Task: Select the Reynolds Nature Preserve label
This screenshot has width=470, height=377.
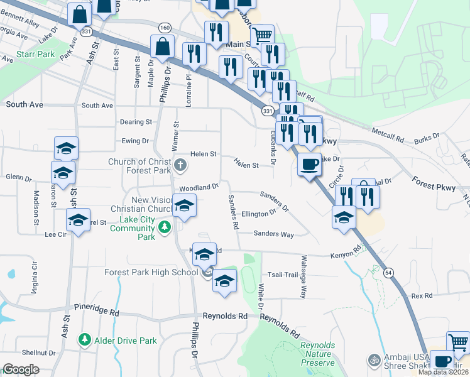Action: tap(317, 354)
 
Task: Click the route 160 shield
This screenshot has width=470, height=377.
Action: tap(165, 27)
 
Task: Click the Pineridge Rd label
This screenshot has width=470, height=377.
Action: tap(96, 312)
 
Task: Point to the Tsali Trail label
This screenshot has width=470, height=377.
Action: tap(283, 275)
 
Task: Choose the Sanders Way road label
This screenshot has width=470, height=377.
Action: tap(274, 234)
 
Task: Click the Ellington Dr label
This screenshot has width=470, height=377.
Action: tap(259, 214)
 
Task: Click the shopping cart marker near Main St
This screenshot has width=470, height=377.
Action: tap(262, 36)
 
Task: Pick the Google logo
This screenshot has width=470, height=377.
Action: tap(21, 369)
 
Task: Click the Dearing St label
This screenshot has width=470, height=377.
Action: tap(136, 121)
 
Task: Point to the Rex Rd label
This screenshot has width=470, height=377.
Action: tap(422, 295)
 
